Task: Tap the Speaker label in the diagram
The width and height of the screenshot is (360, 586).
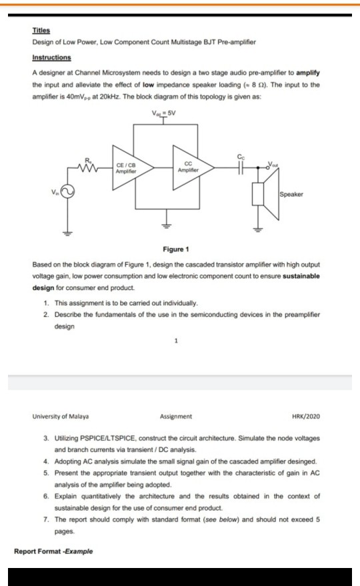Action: click(x=291, y=194)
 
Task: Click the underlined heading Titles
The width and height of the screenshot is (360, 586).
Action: click(x=41, y=31)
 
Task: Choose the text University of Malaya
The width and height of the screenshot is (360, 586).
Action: click(x=61, y=417)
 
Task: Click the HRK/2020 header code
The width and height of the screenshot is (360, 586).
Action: click(x=306, y=417)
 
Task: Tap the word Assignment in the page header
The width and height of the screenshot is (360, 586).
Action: click(x=176, y=417)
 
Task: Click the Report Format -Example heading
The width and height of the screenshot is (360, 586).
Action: click(x=53, y=551)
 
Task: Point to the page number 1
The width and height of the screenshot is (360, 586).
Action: click(x=176, y=341)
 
